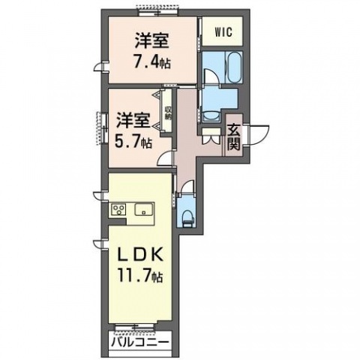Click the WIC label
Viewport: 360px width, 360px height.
[x=223, y=32]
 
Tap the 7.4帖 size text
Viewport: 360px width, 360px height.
[x=153, y=62]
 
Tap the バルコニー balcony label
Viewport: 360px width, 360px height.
[x=140, y=343]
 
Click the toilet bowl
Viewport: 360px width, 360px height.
[x=187, y=217]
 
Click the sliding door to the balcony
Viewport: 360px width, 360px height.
[x=140, y=328]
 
